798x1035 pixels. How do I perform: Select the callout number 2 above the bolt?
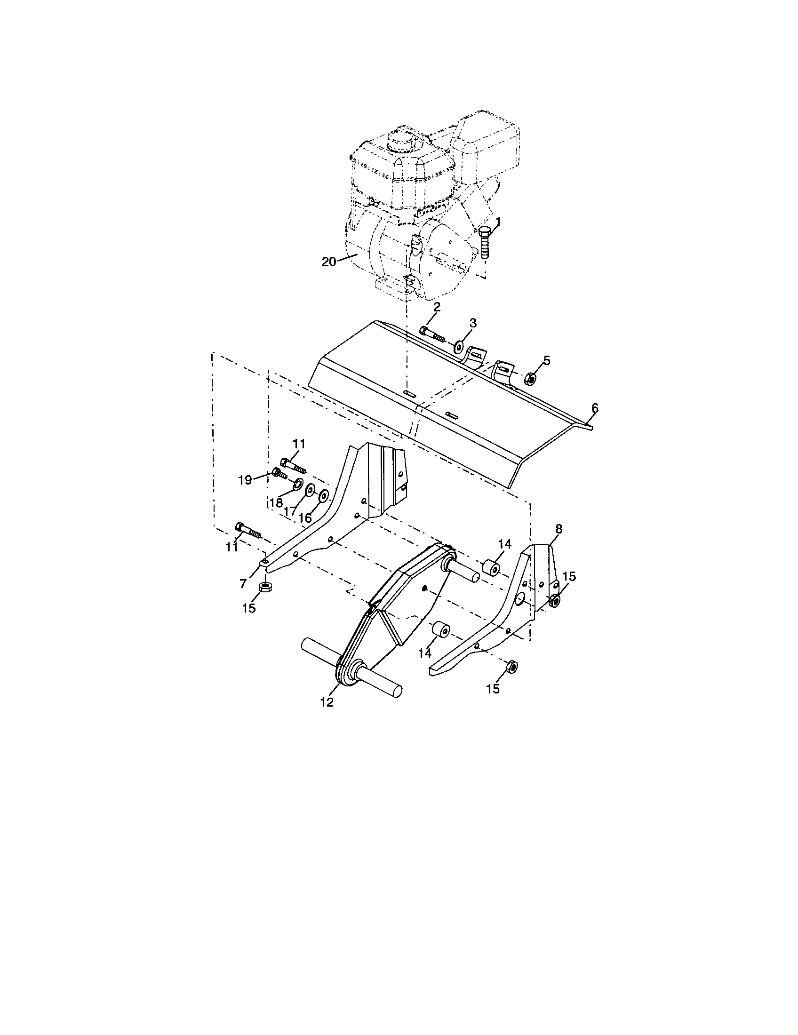coord(436,307)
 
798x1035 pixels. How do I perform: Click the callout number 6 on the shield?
coord(595,408)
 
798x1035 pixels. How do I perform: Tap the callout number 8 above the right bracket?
coord(559,529)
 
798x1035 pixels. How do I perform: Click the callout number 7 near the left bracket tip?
coord(243,584)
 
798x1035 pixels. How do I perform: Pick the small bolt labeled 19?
coord(279,473)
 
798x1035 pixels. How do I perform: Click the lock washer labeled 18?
coord(298,484)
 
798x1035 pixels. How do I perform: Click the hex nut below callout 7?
coord(266,588)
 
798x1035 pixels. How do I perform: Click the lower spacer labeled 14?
coord(441,631)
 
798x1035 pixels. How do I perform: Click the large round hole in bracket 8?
coord(520,600)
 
